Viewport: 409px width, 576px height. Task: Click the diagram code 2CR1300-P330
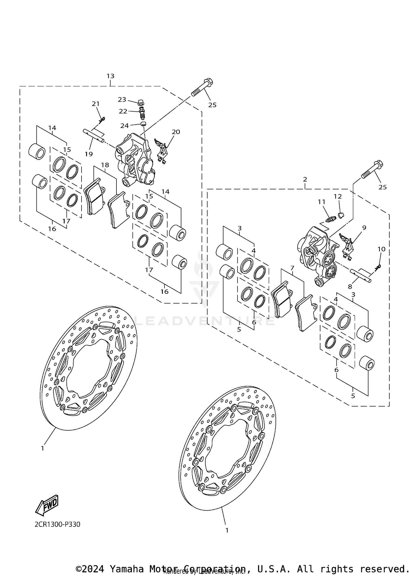(57, 524)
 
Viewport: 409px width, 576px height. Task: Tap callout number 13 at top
(110, 76)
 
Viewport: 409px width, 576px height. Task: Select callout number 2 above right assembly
(305, 179)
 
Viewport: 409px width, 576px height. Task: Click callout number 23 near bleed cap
(122, 100)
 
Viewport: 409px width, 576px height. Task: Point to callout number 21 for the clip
(95, 104)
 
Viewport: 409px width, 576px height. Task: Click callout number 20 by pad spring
(176, 132)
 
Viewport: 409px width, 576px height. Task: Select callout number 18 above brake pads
(105, 165)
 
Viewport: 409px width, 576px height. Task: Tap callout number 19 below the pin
(89, 154)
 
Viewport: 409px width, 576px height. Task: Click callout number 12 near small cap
(338, 196)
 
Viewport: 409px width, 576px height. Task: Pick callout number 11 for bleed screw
(321, 202)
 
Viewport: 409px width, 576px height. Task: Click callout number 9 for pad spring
(364, 227)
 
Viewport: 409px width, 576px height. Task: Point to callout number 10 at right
(381, 249)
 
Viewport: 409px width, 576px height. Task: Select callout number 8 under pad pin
(350, 287)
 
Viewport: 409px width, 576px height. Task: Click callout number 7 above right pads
(292, 268)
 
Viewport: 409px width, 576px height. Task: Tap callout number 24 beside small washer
(124, 126)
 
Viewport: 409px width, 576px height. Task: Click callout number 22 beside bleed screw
(123, 111)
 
